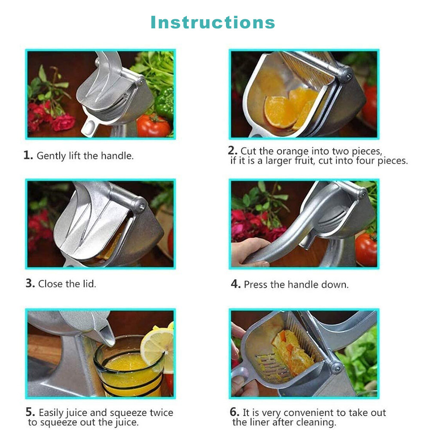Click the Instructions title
[213, 22]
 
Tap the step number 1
[28, 155]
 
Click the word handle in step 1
[117, 156]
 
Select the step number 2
[232, 150]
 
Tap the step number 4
[235, 284]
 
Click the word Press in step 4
[256, 284]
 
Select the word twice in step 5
[162, 412]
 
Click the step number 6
[235, 412]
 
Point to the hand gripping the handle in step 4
[248, 252]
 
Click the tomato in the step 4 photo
[366, 249]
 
